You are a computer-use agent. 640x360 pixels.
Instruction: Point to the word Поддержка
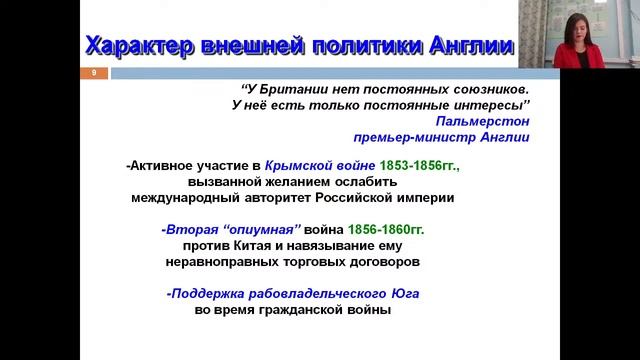212,294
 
